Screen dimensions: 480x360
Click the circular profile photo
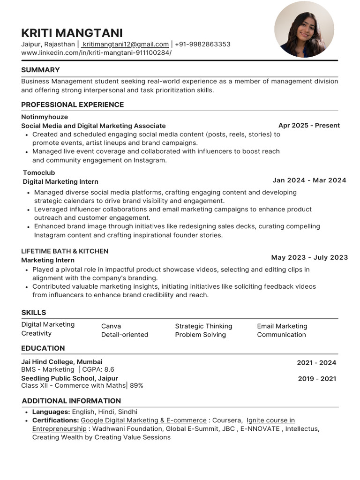304,30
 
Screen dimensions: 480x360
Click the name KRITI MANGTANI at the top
72,33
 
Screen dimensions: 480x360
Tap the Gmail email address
125,44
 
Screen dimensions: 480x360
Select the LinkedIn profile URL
96,52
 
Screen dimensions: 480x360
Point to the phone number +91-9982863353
202,44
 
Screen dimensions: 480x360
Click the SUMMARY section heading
40,70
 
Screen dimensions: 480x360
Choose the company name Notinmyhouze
45,117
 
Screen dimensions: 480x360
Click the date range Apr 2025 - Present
309,125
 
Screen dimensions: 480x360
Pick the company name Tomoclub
39,172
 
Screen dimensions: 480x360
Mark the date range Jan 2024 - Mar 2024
309,180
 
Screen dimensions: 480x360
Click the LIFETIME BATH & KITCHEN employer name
65,251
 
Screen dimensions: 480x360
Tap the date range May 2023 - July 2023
309,257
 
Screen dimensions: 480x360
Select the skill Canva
111,326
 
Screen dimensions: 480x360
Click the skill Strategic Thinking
203,326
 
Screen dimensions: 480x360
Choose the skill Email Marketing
282,326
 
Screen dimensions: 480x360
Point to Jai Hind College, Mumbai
62,361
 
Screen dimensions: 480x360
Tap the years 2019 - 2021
317,379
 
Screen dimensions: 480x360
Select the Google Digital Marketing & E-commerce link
143,420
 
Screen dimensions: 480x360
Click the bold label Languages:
51,412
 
